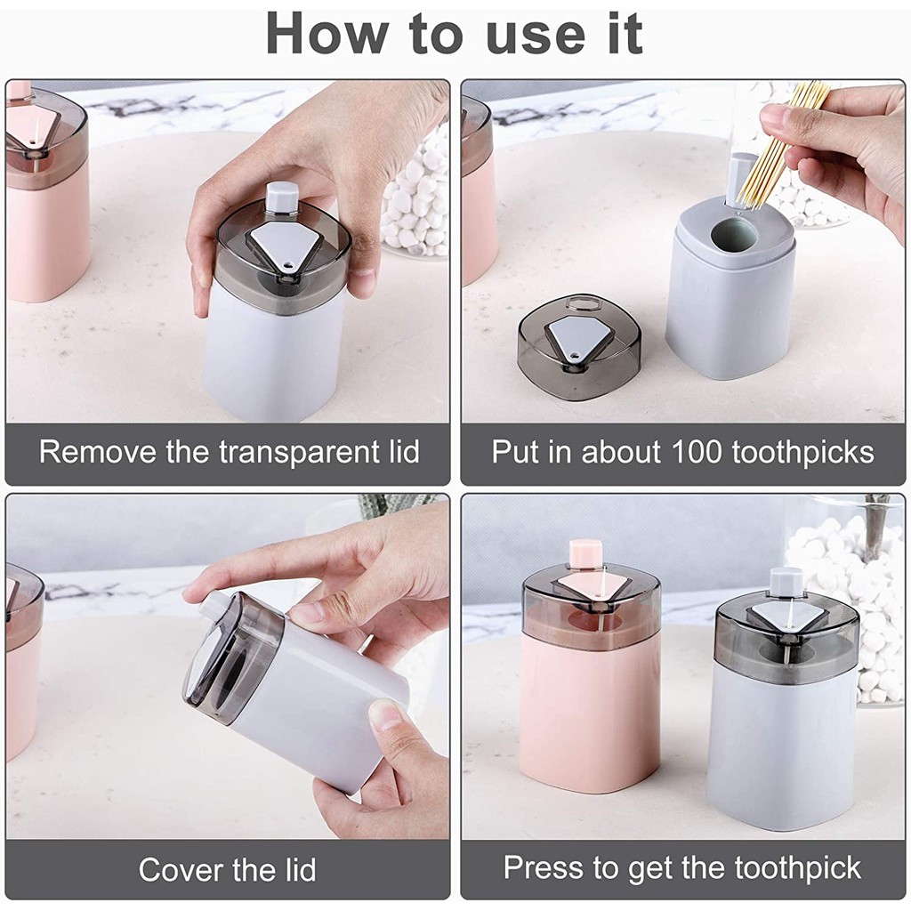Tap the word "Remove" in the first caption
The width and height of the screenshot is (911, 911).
tap(97, 451)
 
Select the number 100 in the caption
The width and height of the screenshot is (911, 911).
tap(695, 451)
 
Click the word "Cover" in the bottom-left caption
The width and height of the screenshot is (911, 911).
tap(175, 869)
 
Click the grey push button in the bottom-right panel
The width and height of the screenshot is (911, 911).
tap(786, 582)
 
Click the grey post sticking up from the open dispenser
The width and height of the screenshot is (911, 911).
tap(741, 180)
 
